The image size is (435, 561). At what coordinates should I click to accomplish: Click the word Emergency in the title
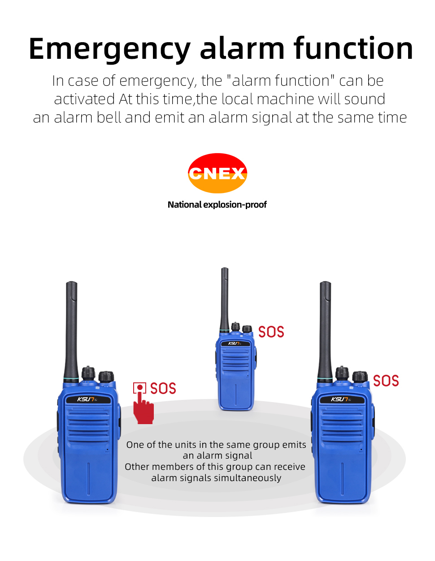click(110, 49)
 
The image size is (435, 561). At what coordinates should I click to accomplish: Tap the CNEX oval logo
click(217, 173)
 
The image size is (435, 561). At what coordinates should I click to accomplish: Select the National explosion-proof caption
click(217, 205)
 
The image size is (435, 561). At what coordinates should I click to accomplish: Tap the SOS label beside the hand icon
click(163, 388)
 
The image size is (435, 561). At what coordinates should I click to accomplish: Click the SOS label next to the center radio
click(271, 332)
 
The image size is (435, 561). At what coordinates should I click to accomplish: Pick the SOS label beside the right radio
click(386, 381)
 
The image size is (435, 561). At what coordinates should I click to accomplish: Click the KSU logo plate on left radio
click(87, 399)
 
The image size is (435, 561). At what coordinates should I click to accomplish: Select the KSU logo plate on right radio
click(341, 399)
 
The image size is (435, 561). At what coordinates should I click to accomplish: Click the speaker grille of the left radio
click(88, 424)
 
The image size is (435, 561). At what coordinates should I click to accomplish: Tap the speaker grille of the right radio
click(342, 424)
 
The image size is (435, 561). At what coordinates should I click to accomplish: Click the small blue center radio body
click(236, 381)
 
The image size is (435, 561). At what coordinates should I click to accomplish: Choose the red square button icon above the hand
click(139, 388)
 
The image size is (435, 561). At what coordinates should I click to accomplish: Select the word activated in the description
click(84, 99)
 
